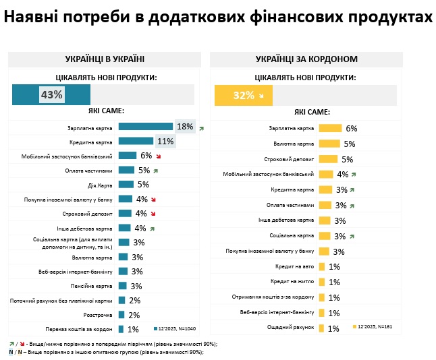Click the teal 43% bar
[51, 95]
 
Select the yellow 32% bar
[243, 95]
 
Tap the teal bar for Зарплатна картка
[145, 126]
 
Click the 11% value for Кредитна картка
[165, 142]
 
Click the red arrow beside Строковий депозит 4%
[154, 214]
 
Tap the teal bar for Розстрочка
[121, 315]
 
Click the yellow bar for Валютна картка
[328, 144]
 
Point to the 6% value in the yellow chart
[351, 128]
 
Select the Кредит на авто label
[292, 266]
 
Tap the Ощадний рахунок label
[292, 328]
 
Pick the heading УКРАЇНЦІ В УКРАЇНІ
[105, 59]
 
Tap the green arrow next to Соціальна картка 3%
[353, 236]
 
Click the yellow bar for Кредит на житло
[321, 282]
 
